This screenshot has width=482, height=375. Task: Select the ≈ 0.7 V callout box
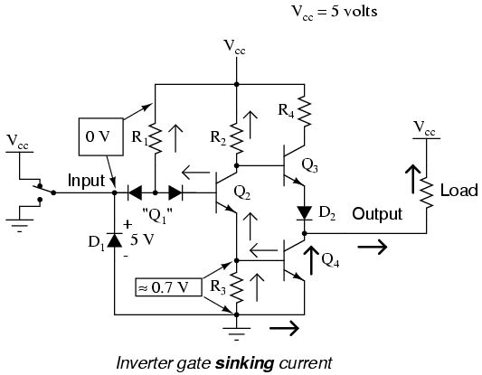coord(169,287)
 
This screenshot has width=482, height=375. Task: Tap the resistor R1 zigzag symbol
coord(156,138)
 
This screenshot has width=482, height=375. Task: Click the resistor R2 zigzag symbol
coord(237,138)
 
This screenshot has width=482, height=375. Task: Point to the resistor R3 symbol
coord(237,288)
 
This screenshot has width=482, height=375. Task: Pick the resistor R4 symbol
coord(305,111)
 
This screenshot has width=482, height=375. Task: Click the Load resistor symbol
coord(426,192)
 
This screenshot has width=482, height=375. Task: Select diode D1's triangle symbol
coord(114,239)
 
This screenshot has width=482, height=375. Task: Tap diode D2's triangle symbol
coord(305,212)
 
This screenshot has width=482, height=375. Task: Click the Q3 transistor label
coord(309,166)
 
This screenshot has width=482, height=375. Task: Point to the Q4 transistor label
coord(330,261)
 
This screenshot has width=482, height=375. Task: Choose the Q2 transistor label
coord(242,192)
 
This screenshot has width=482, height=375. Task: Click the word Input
coord(87,181)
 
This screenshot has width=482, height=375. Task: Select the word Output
coord(377,214)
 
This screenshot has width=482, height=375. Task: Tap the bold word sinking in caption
coord(244,363)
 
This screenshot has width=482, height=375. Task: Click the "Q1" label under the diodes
coord(156,216)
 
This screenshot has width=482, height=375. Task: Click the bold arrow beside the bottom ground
coord(284,328)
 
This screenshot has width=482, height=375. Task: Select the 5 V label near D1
coord(142,239)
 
